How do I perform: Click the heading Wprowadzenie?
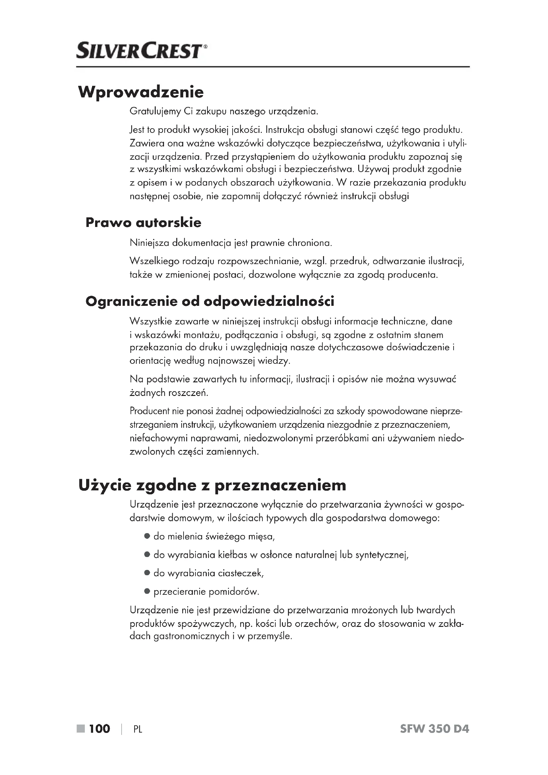click(141, 92)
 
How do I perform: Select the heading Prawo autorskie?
click(143, 223)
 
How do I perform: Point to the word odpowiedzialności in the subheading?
click(269, 302)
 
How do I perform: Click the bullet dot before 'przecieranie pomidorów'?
click(147, 591)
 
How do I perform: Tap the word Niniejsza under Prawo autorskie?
click(149, 243)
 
